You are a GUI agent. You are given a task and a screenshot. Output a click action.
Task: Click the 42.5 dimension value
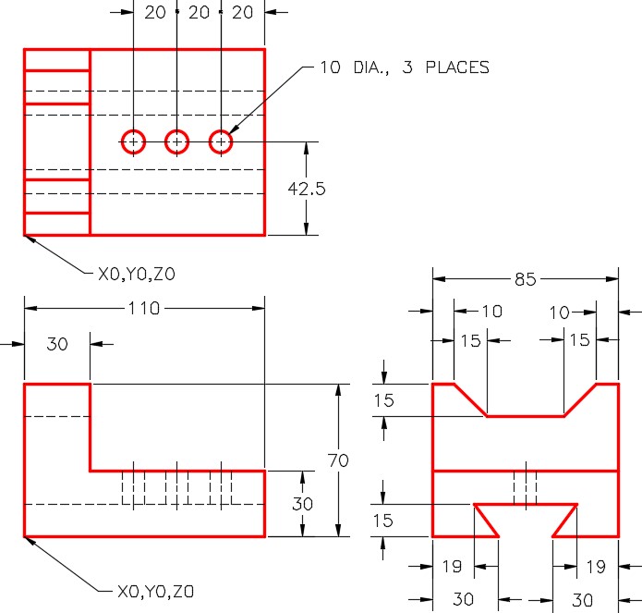click(x=307, y=189)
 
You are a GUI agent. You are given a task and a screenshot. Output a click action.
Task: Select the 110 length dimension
click(x=144, y=308)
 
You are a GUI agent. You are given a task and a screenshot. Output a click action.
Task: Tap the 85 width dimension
click(x=526, y=279)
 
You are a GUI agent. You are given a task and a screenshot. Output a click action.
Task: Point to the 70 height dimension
click(x=338, y=460)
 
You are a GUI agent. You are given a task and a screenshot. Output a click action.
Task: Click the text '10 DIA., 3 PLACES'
click(x=405, y=67)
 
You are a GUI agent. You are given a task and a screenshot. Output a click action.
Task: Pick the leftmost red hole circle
click(x=133, y=141)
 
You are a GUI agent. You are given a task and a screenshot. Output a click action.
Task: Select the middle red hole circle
click(x=176, y=141)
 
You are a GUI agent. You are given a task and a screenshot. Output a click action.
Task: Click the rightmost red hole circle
click(x=221, y=141)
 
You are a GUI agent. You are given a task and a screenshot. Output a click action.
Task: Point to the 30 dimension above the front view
click(x=57, y=344)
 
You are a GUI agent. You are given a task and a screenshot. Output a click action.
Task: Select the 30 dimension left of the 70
click(x=303, y=504)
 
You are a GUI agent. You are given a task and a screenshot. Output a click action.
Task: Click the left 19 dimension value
click(x=452, y=566)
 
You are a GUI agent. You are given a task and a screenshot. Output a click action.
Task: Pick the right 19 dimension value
click(x=596, y=567)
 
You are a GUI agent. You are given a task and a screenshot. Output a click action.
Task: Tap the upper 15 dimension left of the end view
click(x=383, y=400)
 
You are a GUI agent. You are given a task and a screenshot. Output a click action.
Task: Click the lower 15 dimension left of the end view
click(x=382, y=521)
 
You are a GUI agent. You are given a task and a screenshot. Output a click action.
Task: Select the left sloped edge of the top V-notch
click(x=470, y=400)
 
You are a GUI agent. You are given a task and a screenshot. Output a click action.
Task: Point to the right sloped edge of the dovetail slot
click(x=565, y=521)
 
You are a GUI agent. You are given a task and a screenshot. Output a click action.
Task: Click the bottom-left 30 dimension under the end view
click(x=464, y=599)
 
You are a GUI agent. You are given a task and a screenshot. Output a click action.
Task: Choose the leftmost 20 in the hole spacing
click(x=155, y=12)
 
